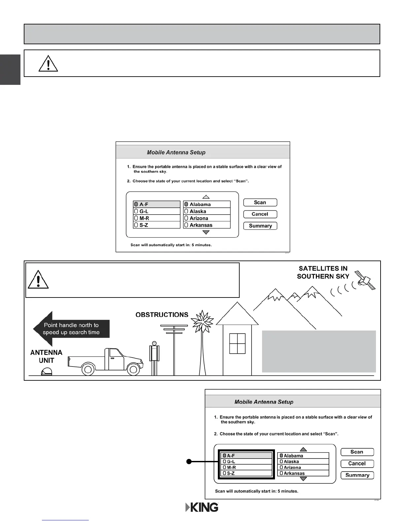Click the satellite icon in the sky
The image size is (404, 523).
365,280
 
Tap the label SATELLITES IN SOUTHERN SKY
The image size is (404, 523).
323,272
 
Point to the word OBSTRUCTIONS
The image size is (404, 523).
162,315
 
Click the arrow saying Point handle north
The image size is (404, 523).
71,329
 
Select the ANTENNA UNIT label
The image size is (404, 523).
46,357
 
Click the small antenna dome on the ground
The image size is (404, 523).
47,372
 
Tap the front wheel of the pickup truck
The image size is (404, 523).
133,369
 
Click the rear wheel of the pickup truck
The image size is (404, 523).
88,369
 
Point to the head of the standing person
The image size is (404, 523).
154,343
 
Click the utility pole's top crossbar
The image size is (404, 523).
174,326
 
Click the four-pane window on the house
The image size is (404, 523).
237,343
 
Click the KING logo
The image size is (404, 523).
202,507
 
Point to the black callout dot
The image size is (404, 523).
189,462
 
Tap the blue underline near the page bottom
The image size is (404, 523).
65,520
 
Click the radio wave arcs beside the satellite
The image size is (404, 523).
343,289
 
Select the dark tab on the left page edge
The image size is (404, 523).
10,69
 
